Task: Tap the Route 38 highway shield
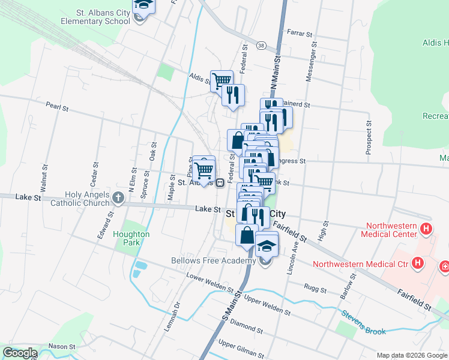coord(261,46)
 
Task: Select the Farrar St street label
coord(300,32)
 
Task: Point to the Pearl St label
coord(58,107)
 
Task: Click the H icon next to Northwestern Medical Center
coord(426,228)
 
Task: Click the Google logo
coord(19,353)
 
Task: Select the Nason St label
coord(62,346)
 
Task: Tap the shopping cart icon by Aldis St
coord(221,80)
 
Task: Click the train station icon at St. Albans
coord(220,182)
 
